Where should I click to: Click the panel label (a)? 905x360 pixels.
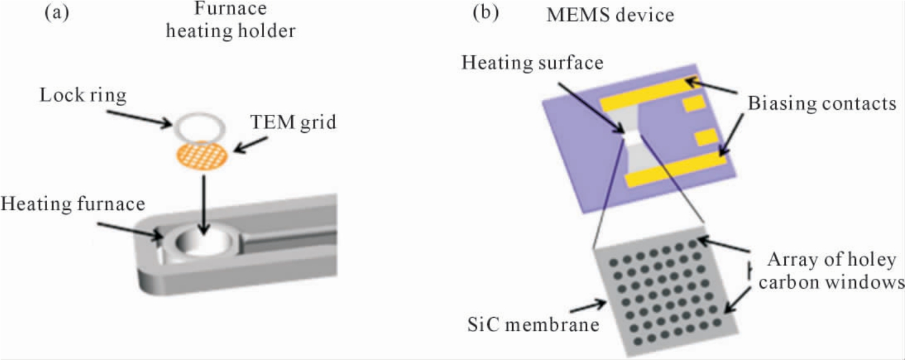coord(56,13)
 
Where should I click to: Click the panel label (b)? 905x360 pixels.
coord(485,13)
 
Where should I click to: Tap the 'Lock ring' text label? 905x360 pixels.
coord(83,96)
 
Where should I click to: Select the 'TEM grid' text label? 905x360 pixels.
coord(293,122)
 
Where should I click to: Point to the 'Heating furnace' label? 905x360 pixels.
coord(73,204)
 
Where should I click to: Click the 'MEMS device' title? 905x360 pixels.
coord(610,16)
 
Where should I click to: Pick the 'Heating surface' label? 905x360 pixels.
coord(533,63)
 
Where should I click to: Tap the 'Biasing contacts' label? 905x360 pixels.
coord(822,104)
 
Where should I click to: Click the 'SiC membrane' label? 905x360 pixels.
coord(533,324)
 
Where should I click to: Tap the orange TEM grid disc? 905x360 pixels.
coord(202,155)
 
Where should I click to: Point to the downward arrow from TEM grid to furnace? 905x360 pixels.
coord(204,204)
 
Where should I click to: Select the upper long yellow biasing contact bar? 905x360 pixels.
coord(650,94)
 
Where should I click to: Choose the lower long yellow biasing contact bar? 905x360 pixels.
coord(675,169)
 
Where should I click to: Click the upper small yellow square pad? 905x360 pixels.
coord(694,102)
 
